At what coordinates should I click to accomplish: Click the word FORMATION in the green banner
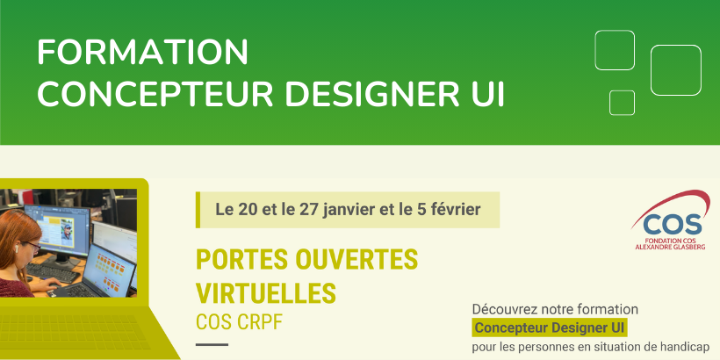pyautogui.click(x=142, y=52)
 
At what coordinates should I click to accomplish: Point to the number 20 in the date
pyautogui.click(x=248, y=210)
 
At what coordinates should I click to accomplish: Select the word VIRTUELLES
pyautogui.click(x=266, y=293)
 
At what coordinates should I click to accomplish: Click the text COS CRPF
pyautogui.click(x=239, y=322)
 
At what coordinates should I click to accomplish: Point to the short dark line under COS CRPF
pyautogui.click(x=212, y=344)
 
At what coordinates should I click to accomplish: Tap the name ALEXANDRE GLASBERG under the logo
pyautogui.click(x=671, y=247)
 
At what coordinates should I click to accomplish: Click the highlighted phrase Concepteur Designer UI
pyautogui.click(x=550, y=328)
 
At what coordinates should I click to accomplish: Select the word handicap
pyautogui.click(x=690, y=347)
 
